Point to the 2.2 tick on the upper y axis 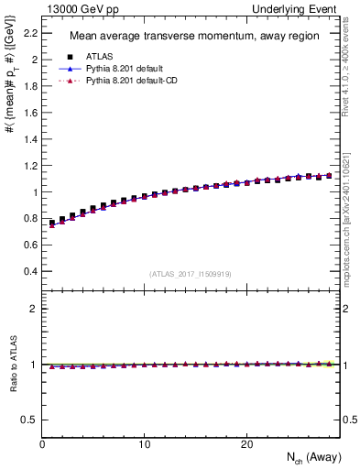pyautogui.click(x=29, y=33)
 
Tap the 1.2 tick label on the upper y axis pyautogui.click(x=29, y=166)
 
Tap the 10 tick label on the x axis pyautogui.click(x=144, y=443)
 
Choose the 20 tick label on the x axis pyautogui.click(x=246, y=443)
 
